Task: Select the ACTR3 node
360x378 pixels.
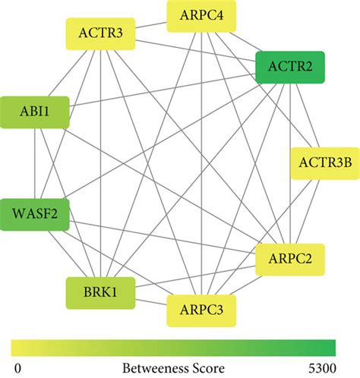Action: tap(101, 33)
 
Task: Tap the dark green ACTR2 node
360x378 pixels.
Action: tap(291, 67)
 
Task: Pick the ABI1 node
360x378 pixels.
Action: tap(36, 113)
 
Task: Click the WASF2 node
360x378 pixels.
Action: tap(36, 215)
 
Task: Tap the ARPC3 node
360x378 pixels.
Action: tap(200, 310)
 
